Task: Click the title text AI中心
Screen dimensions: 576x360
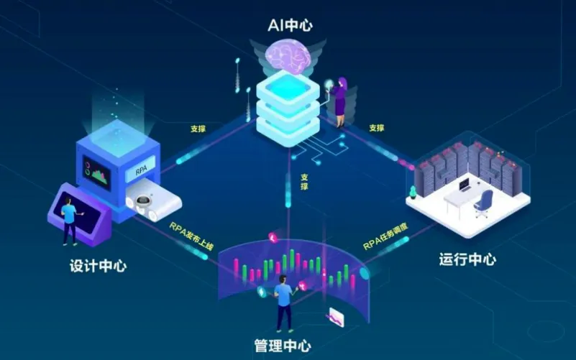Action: (x=291, y=25)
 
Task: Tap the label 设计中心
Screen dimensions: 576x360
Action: (x=98, y=266)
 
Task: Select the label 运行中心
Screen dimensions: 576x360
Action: (x=467, y=259)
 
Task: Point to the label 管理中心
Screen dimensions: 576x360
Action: (x=283, y=346)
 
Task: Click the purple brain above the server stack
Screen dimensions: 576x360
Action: (x=288, y=56)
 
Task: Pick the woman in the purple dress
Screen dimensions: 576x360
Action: (x=339, y=102)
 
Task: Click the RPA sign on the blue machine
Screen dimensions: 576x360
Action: (x=142, y=170)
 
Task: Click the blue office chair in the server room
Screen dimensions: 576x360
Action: (x=484, y=203)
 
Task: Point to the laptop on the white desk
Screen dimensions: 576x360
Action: (x=465, y=185)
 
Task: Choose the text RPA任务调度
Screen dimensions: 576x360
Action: (x=385, y=236)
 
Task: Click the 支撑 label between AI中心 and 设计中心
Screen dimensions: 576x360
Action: (x=198, y=129)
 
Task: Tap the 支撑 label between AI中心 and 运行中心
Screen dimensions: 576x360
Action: (x=377, y=128)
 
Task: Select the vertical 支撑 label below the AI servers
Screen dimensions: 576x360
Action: (x=304, y=182)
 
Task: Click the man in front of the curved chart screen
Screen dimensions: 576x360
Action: (x=284, y=303)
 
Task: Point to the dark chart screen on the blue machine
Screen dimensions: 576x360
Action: (x=97, y=172)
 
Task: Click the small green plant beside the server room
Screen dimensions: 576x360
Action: (x=413, y=193)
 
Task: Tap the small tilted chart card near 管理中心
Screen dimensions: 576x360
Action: (x=336, y=317)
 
